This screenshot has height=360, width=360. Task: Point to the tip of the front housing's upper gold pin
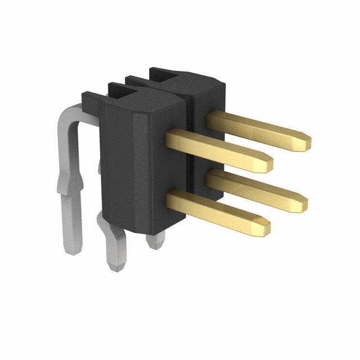pos(269,163)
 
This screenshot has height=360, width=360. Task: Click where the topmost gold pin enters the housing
pos(209,118)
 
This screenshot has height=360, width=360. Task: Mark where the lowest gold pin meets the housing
pos(170,196)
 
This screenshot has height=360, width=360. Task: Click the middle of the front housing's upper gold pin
pos(219,147)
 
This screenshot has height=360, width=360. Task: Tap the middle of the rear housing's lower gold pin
pos(256,188)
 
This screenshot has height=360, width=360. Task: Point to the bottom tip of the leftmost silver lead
pos(72,250)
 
